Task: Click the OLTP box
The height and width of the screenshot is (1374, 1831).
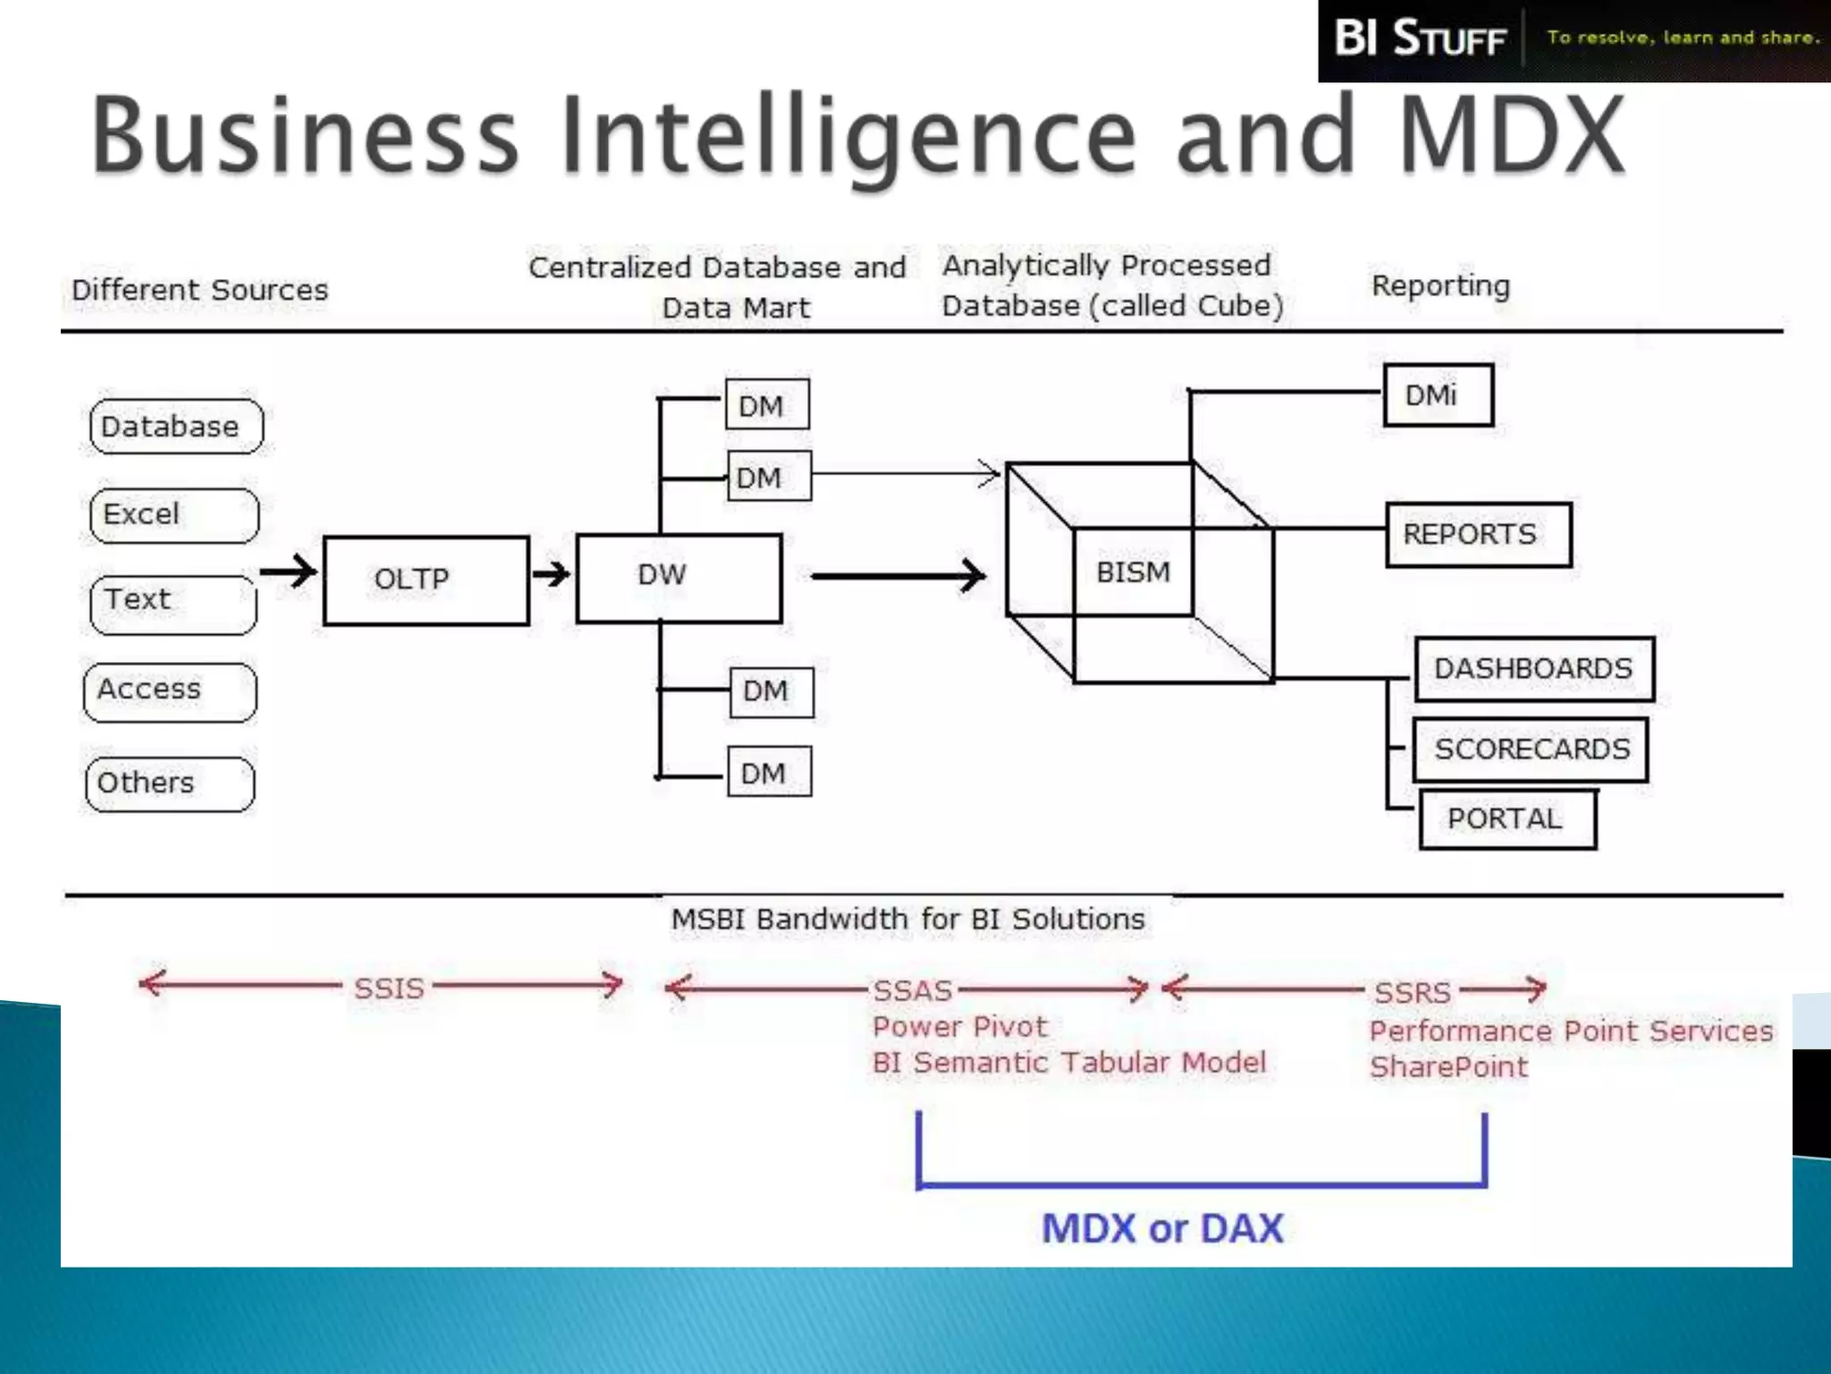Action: pyautogui.click(x=426, y=580)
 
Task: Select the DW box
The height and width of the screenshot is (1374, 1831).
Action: pyautogui.click(x=679, y=578)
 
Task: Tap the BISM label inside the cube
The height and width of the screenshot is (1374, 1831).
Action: pyautogui.click(x=1133, y=572)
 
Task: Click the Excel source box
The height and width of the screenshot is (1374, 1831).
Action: pyautogui.click(x=174, y=515)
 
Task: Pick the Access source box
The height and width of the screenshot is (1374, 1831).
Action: pyautogui.click(x=170, y=691)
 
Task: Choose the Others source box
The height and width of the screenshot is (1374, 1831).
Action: pyautogui.click(x=170, y=784)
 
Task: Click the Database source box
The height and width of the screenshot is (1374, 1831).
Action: pyautogui.click(x=176, y=427)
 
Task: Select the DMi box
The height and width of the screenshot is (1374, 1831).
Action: pyautogui.click(x=1438, y=395)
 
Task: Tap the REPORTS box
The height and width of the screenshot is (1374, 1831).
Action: pyautogui.click(x=1478, y=535)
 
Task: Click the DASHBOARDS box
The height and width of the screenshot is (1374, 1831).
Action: pyautogui.click(x=1534, y=669)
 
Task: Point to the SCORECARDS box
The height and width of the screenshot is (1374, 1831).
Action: pyautogui.click(x=1531, y=750)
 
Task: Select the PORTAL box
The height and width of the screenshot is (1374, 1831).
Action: pyautogui.click(x=1507, y=819)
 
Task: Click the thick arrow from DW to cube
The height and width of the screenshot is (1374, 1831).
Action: pyautogui.click(x=899, y=576)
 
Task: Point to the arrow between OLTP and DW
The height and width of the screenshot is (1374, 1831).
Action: pyautogui.click(x=552, y=573)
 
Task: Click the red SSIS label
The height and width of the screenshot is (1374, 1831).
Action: pyautogui.click(x=388, y=988)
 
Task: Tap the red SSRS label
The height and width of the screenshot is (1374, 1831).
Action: pyautogui.click(x=1413, y=992)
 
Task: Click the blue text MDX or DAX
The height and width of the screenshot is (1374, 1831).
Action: pyautogui.click(x=1162, y=1228)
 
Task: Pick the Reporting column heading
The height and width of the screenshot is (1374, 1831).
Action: pyautogui.click(x=1440, y=286)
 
